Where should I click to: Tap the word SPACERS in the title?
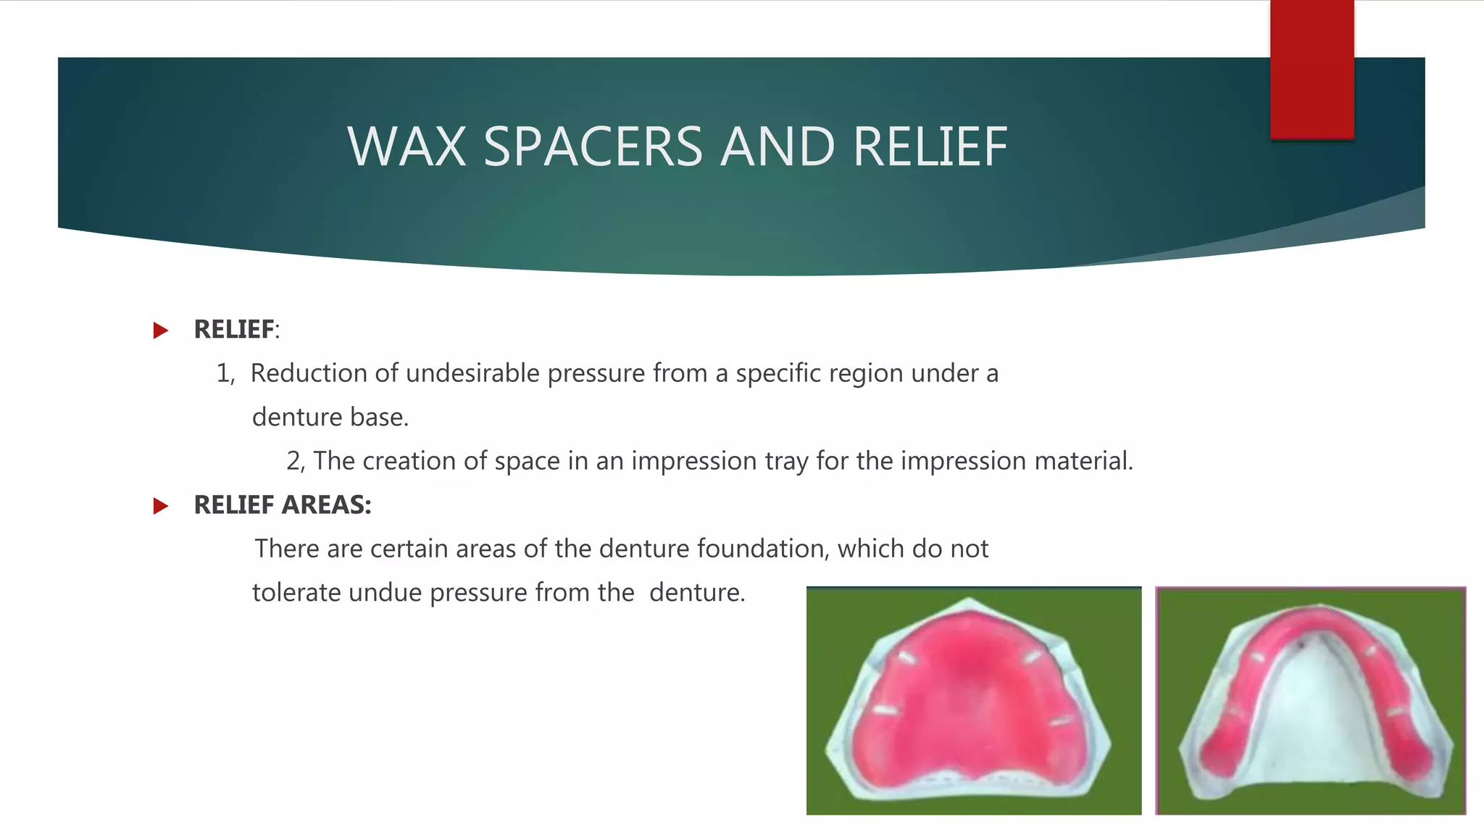(593, 147)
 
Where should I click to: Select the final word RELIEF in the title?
(930, 147)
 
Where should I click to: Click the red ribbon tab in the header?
(1312, 70)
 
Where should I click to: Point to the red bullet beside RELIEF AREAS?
(161, 506)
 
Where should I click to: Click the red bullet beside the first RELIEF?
(161, 331)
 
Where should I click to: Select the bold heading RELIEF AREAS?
(283, 505)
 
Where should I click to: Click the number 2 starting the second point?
(293, 461)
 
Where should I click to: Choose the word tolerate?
(296, 593)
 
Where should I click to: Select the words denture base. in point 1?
(330, 417)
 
